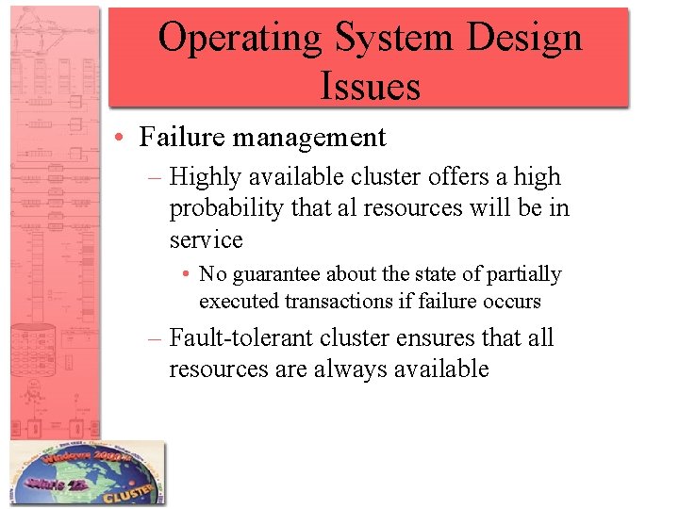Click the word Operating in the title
[240, 39]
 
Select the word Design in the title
[523, 39]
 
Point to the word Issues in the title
[370, 86]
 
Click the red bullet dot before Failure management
[124, 139]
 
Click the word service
[206, 239]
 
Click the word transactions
[336, 302]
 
